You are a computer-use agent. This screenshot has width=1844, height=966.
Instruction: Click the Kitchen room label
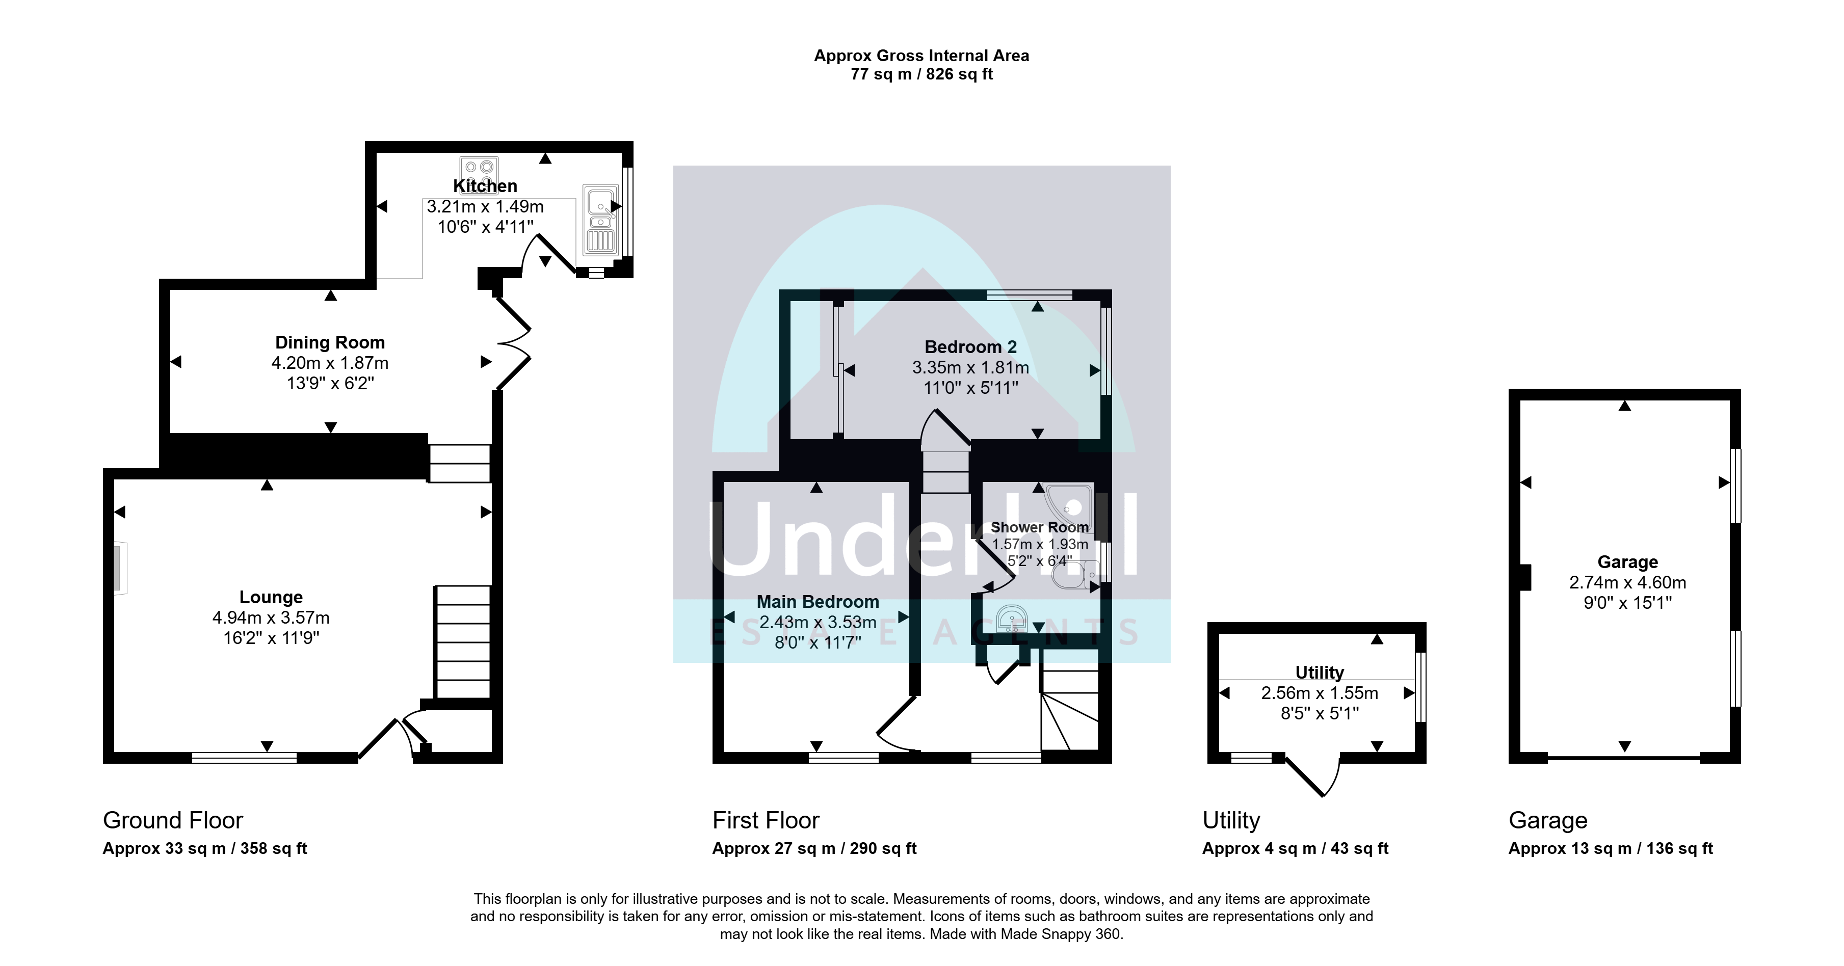pyautogui.click(x=485, y=186)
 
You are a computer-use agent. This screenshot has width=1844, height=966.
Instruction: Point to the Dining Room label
pyautogui.click(x=330, y=343)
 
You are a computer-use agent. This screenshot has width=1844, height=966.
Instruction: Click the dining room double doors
pyautogui.click(x=514, y=345)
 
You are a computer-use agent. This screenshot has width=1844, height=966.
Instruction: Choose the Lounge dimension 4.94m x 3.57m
pyautogui.click(x=271, y=618)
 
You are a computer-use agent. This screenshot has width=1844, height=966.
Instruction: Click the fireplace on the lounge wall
pyautogui.click(x=120, y=568)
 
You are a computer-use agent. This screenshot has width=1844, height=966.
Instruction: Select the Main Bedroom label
pyautogui.click(x=818, y=602)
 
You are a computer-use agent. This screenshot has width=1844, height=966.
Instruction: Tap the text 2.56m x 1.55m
pyautogui.click(x=1319, y=693)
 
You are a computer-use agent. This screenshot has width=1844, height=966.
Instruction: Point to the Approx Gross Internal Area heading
pyautogui.click(x=921, y=56)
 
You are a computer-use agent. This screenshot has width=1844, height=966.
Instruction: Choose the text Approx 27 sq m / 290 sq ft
pyautogui.click(x=814, y=849)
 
